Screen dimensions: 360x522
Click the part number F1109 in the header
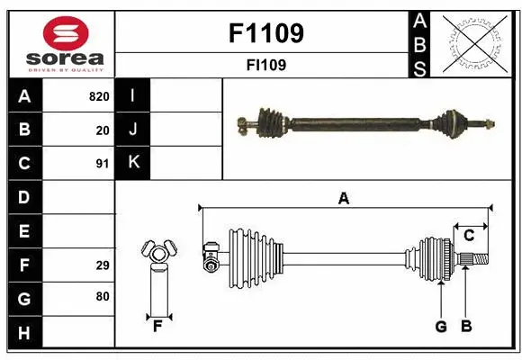(266, 33)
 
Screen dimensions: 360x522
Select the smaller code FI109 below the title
(266, 65)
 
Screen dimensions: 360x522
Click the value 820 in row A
(99, 96)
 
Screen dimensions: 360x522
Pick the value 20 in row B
(103, 130)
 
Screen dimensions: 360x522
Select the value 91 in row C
(103, 164)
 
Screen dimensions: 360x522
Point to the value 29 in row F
(103, 265)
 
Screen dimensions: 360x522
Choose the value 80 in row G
(103, 297)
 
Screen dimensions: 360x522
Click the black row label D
(24, 197)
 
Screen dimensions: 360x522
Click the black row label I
(133, 96)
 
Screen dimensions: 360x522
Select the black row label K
(133, 163)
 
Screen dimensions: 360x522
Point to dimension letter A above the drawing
(343, 199)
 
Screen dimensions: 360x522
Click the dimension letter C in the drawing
(468, 235)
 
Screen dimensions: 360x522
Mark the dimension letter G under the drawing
(441, 327)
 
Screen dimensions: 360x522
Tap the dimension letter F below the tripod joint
(157, 327)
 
